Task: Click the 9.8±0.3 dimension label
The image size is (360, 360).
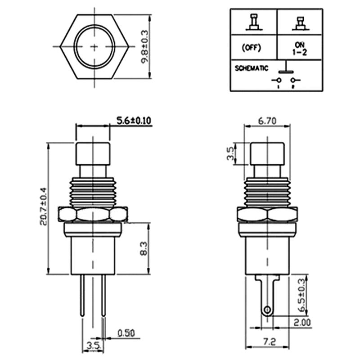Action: [144, 47]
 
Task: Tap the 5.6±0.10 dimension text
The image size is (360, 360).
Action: [134, 121]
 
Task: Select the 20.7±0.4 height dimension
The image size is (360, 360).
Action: [43, 207]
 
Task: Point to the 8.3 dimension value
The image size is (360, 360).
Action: [144, 248]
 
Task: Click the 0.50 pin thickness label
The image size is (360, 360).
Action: [126, 333]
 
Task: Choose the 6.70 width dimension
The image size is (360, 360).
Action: [267, 121]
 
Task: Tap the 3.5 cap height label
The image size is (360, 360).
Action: [230, 153]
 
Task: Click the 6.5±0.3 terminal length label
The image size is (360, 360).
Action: [302, 296]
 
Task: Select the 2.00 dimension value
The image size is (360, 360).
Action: [302, 323]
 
